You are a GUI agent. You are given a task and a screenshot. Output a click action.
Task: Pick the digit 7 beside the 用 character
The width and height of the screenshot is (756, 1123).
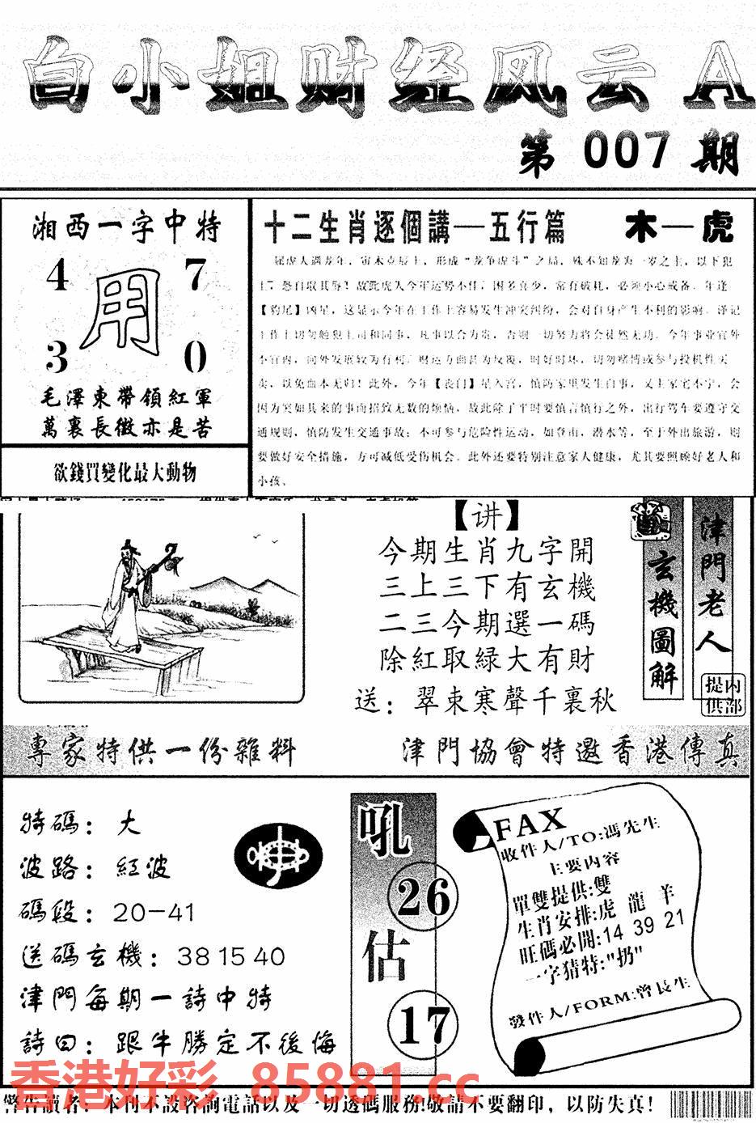click(x=196, y=276)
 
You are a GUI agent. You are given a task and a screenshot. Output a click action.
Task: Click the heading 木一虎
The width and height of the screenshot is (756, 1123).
click(x=678, y=229)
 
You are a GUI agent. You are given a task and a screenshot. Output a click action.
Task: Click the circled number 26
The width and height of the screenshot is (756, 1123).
click(x=422, y=897)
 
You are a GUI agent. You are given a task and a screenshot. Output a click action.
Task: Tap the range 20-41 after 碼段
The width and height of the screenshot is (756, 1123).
click(x=154, y=913)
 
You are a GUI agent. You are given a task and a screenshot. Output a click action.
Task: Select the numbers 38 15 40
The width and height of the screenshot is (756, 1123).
click(x=230, y=956)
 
